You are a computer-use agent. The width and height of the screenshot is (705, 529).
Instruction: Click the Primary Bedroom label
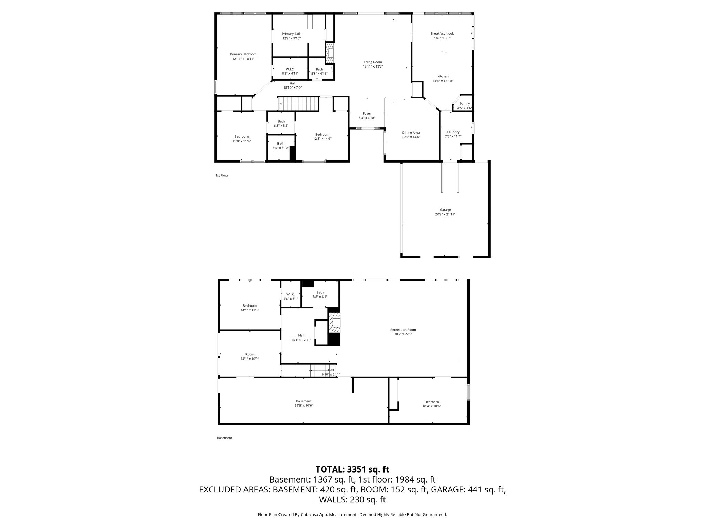point(243,54)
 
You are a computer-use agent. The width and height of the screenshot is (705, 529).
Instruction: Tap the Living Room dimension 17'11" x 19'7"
point(373,66)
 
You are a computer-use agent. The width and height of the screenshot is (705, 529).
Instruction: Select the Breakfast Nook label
point(442,34)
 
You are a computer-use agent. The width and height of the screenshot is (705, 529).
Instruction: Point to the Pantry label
point(464,104)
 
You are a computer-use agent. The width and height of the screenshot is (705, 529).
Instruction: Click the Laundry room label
point(453,132)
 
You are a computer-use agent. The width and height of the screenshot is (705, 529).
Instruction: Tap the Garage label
point(445,210)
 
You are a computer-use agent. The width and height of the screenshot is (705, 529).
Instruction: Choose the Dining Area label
point(411,133)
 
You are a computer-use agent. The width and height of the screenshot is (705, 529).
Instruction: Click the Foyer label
point(367,114)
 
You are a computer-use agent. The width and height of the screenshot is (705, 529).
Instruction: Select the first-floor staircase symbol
point(298,104)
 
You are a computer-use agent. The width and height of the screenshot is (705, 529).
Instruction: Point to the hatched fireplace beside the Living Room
point(330,53)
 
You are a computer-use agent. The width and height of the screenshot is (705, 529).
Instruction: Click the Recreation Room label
point(403,330)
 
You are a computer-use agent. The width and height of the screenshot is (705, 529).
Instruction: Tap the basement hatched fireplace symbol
point(335,322)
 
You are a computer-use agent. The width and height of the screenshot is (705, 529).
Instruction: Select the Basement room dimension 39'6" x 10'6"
point(303,406)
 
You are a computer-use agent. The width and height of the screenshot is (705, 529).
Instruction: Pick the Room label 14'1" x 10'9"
point(250,354)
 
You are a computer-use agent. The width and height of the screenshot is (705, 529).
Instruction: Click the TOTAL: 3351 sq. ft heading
point(352,469)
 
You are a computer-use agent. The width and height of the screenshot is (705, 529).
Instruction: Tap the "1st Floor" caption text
point(222,175)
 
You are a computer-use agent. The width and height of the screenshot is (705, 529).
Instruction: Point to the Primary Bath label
point(291,34)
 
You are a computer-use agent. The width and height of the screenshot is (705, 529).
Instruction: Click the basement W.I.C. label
point(291,294)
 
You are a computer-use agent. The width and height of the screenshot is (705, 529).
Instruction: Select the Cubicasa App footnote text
point(352,515)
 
